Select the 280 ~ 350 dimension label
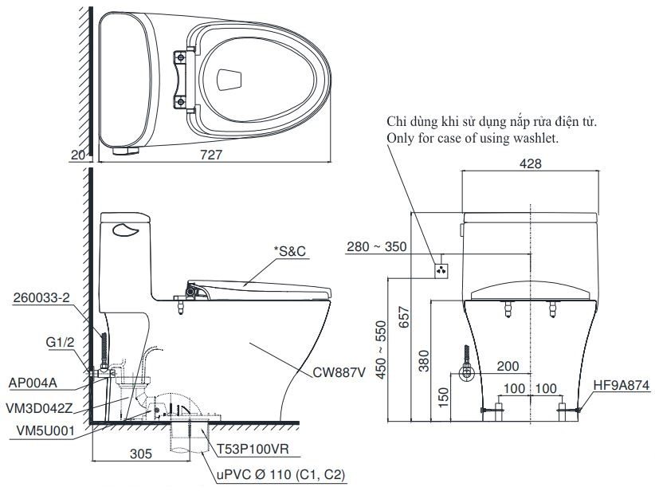(378, 247)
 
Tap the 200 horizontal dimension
(507, 367)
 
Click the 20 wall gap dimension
(77, 156)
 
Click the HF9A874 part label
(622, 384)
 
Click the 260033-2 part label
(41, 298)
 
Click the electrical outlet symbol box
(440, 269)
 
